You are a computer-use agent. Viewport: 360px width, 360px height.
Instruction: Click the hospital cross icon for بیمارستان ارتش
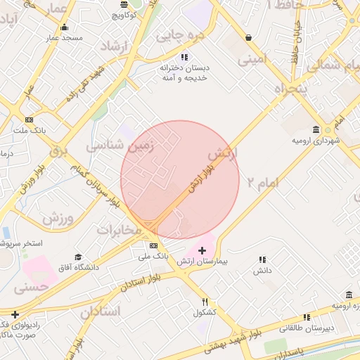tap(202, 250)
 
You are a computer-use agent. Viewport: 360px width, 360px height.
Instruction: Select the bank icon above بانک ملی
tap(154, 245)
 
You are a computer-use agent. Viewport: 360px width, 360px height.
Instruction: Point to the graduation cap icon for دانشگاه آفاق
tap(77, 257)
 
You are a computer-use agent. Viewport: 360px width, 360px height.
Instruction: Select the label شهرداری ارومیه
tap(316, 141)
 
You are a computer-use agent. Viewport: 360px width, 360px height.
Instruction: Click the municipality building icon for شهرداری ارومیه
tap(316, 129)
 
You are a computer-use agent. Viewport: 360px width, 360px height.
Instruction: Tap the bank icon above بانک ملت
tap(29, 119)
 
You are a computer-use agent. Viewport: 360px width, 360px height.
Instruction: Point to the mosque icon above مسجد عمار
tap(65, 26)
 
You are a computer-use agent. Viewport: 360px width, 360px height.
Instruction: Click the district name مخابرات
tap(119, 230)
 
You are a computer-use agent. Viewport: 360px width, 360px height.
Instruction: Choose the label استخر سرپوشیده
tap(21, 243)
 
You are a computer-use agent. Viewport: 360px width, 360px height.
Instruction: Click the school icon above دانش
tap(262, 259)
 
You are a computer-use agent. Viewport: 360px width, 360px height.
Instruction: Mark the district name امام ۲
tap(262, 182)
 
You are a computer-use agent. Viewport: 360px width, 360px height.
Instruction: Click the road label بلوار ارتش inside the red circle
tap(200, 175)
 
